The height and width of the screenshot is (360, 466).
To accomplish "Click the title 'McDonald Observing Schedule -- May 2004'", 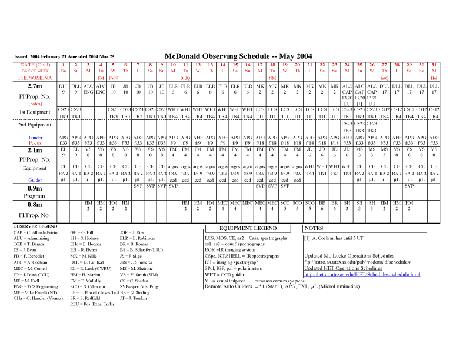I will [238, 56].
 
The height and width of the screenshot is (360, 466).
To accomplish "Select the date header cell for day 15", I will [235, 64].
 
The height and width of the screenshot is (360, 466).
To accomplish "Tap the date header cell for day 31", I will [434, 64].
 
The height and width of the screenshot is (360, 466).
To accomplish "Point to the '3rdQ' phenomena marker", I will [185, 78].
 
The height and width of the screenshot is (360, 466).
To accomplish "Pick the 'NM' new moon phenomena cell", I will [272, 78].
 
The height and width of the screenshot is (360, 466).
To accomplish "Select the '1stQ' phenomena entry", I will [384, 78].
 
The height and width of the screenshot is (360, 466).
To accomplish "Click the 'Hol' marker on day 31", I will [434, 78].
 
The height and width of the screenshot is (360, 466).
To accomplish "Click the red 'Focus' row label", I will [35, 143].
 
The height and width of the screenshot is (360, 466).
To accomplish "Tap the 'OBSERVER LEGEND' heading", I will [35, 226].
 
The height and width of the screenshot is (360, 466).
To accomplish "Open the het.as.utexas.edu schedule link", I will [362, 274].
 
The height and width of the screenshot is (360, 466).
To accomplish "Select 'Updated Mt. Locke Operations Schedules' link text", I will [349, 256].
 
